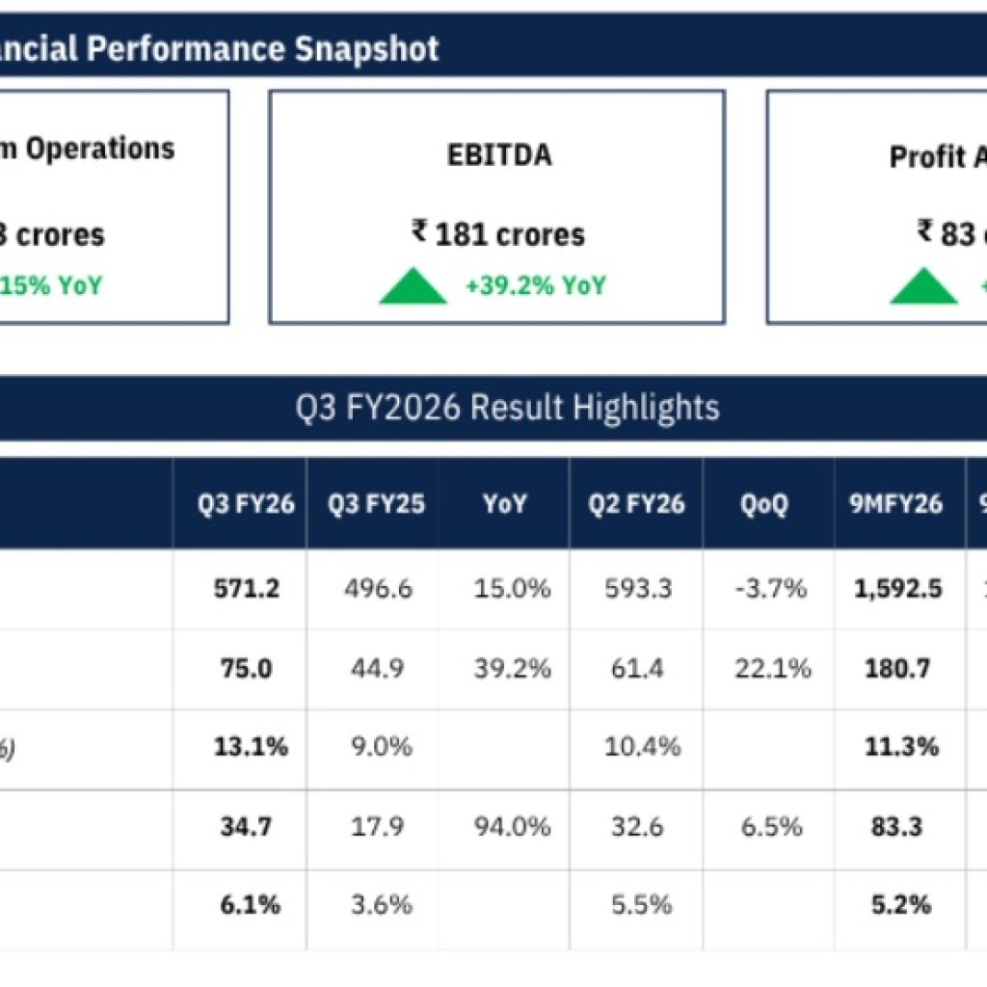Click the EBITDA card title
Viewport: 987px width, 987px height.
[498, 155]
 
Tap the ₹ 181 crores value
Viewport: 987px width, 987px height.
[498, 234]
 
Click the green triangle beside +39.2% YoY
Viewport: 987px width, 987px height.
[413, 287]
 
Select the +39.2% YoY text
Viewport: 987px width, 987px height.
[535, 286]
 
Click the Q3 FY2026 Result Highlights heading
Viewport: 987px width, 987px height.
[507, 408]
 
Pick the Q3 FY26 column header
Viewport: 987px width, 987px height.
[240, 503]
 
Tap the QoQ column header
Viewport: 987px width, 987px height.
[768, 503]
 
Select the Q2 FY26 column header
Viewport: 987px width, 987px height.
[636, 503]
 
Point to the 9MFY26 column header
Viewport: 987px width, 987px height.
[896, 503]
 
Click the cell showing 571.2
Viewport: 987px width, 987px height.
[247, 589]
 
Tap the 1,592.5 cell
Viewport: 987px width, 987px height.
[897, 589]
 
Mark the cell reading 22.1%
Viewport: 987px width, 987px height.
[773, 668]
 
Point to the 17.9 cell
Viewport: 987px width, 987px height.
[378, 826]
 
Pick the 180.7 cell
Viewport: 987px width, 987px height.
[896, 668]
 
